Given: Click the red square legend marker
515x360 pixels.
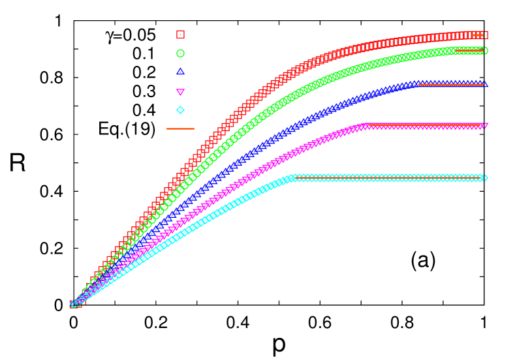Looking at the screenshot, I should (x=180, y=34).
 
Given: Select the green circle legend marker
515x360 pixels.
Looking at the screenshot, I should (x=180, y=53).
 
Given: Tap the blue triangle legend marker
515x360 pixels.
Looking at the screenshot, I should (x=180, y=72).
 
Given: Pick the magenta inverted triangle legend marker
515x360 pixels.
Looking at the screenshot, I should (x=180, y=92).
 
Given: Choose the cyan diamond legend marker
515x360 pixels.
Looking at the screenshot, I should (x=180, y=110).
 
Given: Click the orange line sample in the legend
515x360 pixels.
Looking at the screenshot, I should (x=181, y=128).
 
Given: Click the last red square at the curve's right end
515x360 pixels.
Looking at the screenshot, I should (x=484, y=35).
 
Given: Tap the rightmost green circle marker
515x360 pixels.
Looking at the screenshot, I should (x=484, y=50).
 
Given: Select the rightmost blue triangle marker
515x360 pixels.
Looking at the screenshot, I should (x=484, y=83).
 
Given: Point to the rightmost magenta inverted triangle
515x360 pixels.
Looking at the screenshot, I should (x=484, y=125).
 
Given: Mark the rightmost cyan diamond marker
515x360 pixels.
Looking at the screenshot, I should (x=484, y=177).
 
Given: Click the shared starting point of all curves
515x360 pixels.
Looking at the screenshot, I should (x=74, y=304).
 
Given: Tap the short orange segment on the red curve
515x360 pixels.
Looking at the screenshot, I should (x=478, y=35).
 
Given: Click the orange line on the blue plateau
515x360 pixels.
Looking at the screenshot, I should (x=450, y=84).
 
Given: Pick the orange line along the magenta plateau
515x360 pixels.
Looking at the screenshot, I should (x=424, y=124).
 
